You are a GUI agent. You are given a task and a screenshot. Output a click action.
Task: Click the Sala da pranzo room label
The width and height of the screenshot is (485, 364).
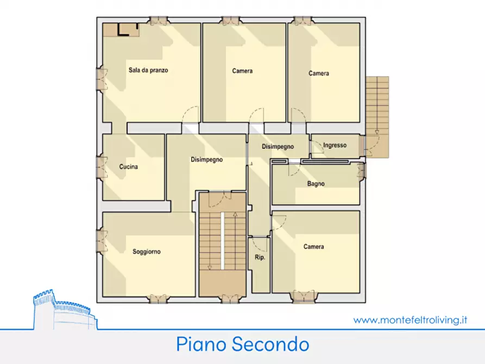pos(148,70)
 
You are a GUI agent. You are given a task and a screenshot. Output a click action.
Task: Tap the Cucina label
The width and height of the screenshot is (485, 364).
pos(129,167)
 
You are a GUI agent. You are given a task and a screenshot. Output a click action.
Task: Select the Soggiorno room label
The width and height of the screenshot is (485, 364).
pos(147,252)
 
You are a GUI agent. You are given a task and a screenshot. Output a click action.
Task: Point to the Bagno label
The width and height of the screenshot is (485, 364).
pos(316,184)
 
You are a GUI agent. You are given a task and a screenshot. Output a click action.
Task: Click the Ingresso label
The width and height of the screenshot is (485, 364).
pos(335,145)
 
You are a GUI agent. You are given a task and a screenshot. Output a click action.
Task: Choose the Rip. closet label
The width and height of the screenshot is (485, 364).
pos(260,258)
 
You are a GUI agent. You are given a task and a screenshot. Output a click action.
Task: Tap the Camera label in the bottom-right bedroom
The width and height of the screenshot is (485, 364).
pos(314,247)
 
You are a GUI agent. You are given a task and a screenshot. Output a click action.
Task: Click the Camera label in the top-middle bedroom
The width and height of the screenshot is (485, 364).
pos(242,71)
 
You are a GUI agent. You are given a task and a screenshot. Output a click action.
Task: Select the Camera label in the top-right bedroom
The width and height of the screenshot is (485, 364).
pos(319,73)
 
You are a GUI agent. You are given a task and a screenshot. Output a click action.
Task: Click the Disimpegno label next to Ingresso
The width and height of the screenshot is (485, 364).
pos(278,147)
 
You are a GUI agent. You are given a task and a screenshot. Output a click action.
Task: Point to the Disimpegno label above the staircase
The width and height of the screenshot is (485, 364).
pos(207,160)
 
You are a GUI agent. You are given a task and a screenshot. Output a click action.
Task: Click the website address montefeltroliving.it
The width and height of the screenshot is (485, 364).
pos(410,321)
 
